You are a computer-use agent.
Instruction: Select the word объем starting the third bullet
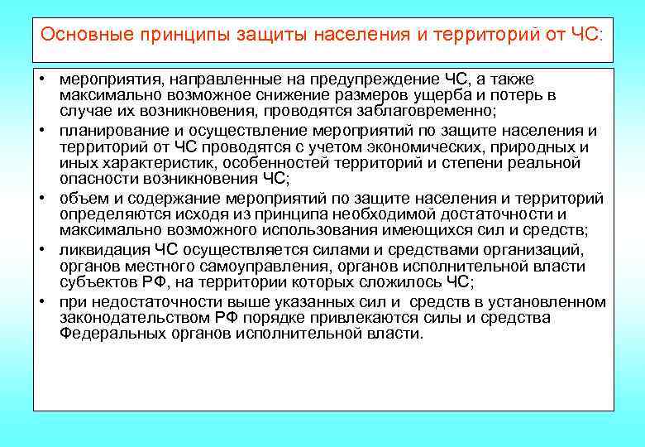pyautogui.click(x=80, y=199)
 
